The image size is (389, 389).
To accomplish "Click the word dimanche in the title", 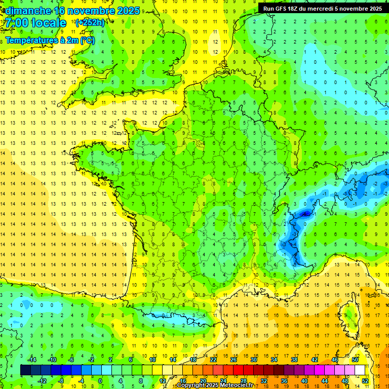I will pos(27,11).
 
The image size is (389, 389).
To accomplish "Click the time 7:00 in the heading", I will pos(15,23).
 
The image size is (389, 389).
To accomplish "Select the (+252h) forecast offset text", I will pos(90,23).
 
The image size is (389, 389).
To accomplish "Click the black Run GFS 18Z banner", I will pos(323,9).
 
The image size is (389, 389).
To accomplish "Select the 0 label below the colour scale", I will pos(100,381).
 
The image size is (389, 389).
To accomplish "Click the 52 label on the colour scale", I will pos(365,381).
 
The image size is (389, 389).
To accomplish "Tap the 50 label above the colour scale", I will pos(355,360).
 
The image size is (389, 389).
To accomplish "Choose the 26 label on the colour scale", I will pos(234,360).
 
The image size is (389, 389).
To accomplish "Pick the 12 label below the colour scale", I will pos(163,381).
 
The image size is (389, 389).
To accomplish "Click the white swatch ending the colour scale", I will pos(360,370).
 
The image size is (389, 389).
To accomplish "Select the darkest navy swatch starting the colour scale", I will pos(25,370).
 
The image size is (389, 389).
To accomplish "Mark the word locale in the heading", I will pos(49,23).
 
